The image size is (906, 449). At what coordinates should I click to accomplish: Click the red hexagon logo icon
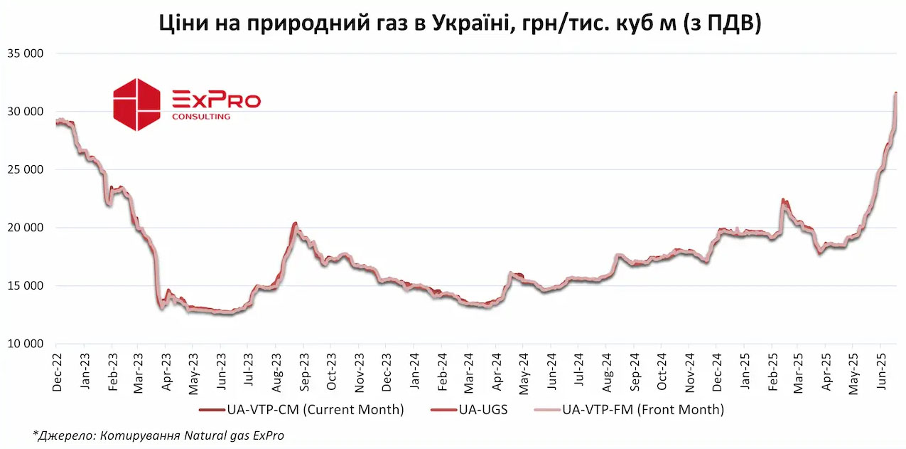(x=137, y=105)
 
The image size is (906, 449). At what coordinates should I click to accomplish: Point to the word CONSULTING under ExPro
(x=201, y=117)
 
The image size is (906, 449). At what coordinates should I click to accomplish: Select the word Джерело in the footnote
(x=63, y=435)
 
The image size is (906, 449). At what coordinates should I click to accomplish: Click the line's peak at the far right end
(x=895, y=93)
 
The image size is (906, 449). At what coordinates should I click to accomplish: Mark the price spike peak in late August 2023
(x=295, y=223)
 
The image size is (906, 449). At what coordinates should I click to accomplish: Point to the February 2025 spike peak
(x=782, y=200)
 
